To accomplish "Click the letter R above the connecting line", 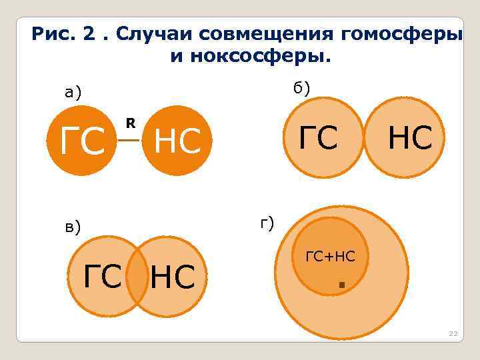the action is pyautogui.click(x=131, y=123).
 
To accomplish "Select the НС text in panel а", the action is pyautogui.click(x=177, y=141).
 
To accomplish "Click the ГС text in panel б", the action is pyautogui.click(x=318, y=137).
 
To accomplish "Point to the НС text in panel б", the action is pyautogui.click(x=410, y=137).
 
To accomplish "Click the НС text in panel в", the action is pyautogui.click(x=172, y=277).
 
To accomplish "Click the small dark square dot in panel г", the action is pyautogui.click(x=341, y=285).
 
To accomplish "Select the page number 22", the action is pyautogui.click(x=453, y=333).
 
